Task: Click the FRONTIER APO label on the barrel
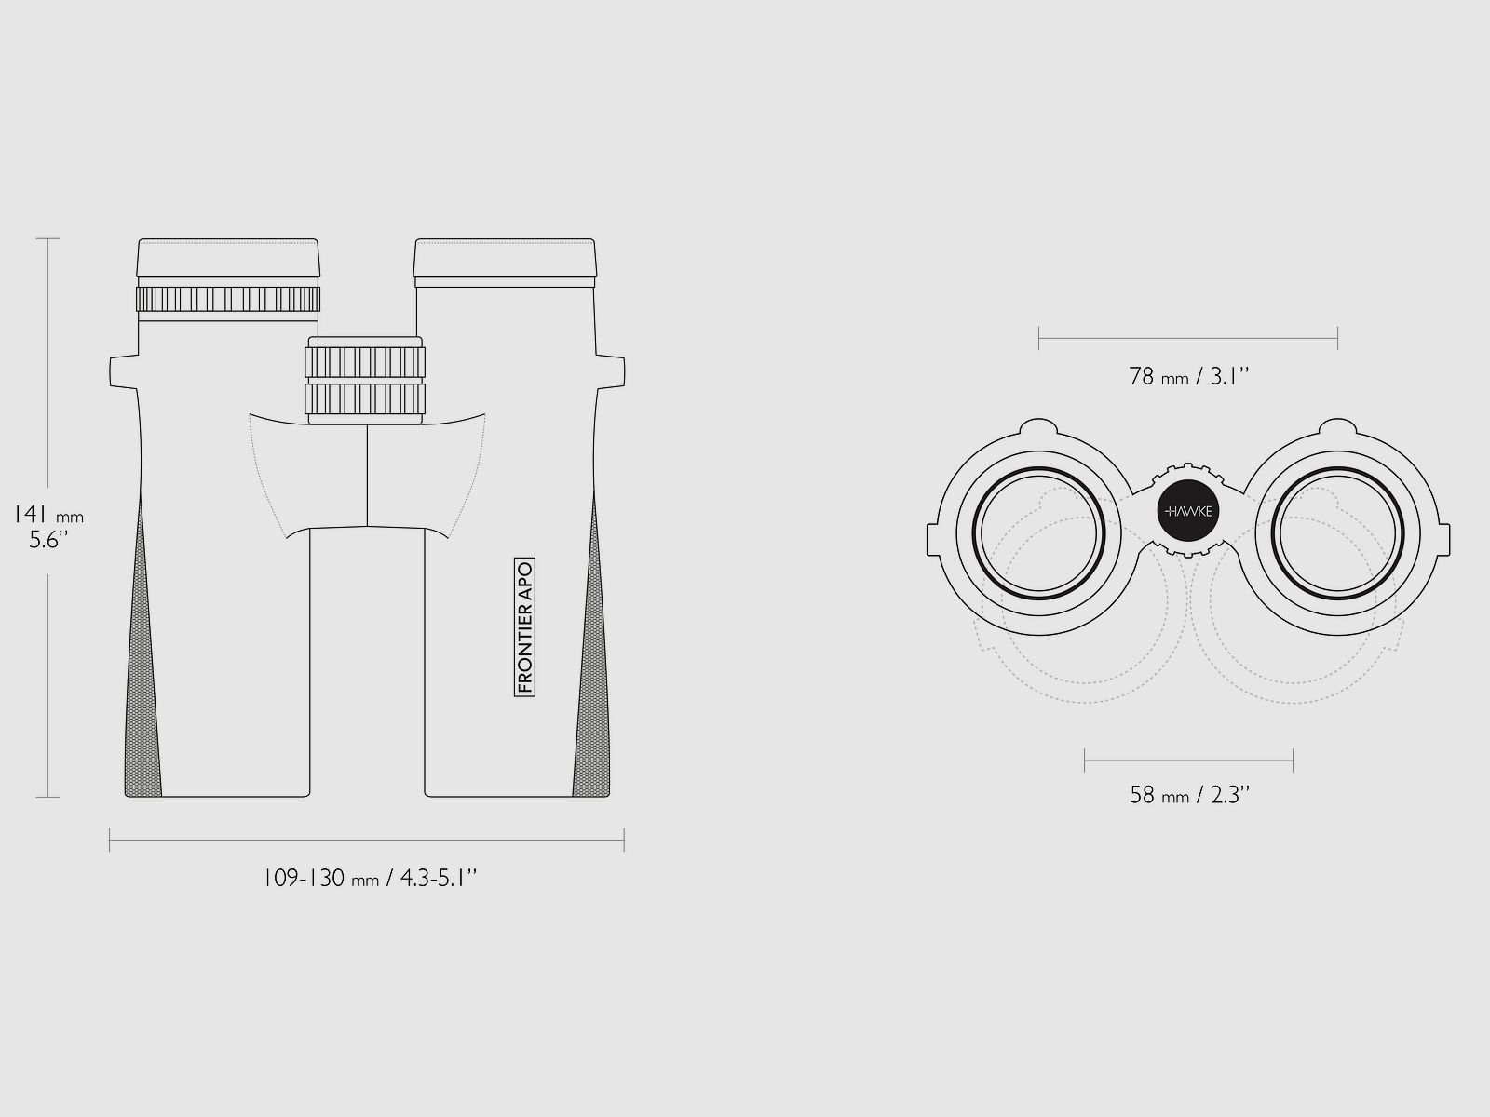pyautogui.click(x=524, y=627)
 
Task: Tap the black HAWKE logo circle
pyautogui.click(x=1188, y=511)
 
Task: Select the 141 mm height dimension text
pyautogui.click(x=48, y=516)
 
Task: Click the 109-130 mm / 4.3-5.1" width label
pyautogui.click(x=370, y=879)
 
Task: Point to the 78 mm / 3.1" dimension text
pyautogui.click(x=1188, y=376)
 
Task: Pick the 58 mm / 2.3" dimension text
pyautogui.click(x=1189, y=794)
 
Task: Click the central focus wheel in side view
pyautogui.click(x=365, y=381)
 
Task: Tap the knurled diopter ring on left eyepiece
pyautogui.click(x=228, y=299)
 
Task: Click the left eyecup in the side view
pyautogui.click(x=228, y=258)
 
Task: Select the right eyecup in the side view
pyautogui.click(x=505, y=258)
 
